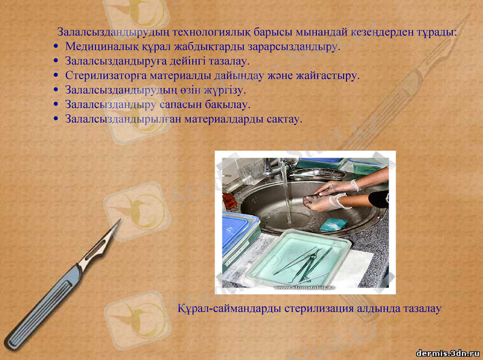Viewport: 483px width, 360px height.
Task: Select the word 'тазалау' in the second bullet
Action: coord(229,61)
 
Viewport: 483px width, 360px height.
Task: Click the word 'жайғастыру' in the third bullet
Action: coord(329,76)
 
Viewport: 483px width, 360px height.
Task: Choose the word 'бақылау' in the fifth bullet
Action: coord(230,104)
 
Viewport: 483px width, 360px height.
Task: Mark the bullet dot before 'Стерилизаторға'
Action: coord(56,77)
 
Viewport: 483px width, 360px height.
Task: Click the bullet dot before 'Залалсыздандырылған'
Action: coord(56,120)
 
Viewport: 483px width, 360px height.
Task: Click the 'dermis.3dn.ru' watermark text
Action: coord(447,352)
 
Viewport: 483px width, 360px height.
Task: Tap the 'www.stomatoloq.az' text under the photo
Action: coord(306,289)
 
